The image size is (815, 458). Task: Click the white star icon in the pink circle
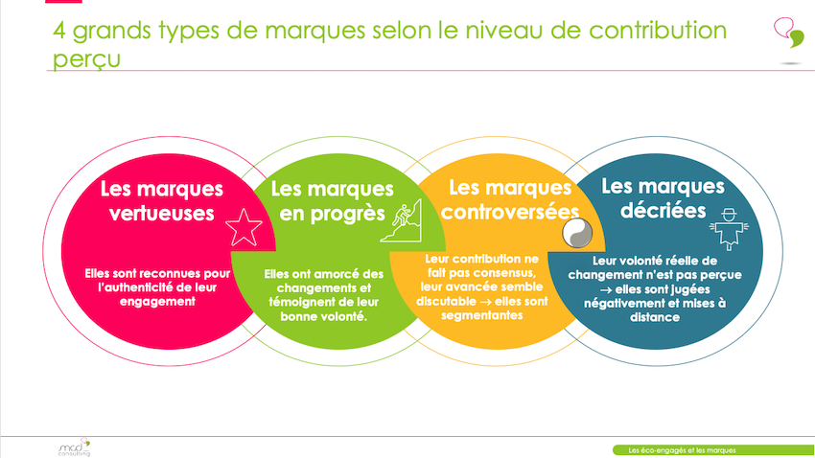(244, 227)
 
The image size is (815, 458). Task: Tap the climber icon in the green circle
(401, 220)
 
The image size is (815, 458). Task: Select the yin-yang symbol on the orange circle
(577, 233)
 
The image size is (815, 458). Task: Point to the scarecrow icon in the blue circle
(730, 229)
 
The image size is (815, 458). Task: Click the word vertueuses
(162, 214)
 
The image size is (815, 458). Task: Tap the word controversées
(510, 212)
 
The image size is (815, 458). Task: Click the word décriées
(664, 210)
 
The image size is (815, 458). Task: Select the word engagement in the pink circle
(157, 302)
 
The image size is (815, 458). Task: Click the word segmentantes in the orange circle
(482, 315)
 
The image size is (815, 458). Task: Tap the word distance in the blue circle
(654, 317)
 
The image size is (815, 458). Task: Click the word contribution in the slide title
(658, 30)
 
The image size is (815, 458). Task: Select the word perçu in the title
(86, 58)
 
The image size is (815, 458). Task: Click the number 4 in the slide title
(59, 31)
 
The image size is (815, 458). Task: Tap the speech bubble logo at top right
(789, 33)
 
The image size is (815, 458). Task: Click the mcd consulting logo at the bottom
(74, 447)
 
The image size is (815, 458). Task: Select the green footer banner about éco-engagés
(713, 450)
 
